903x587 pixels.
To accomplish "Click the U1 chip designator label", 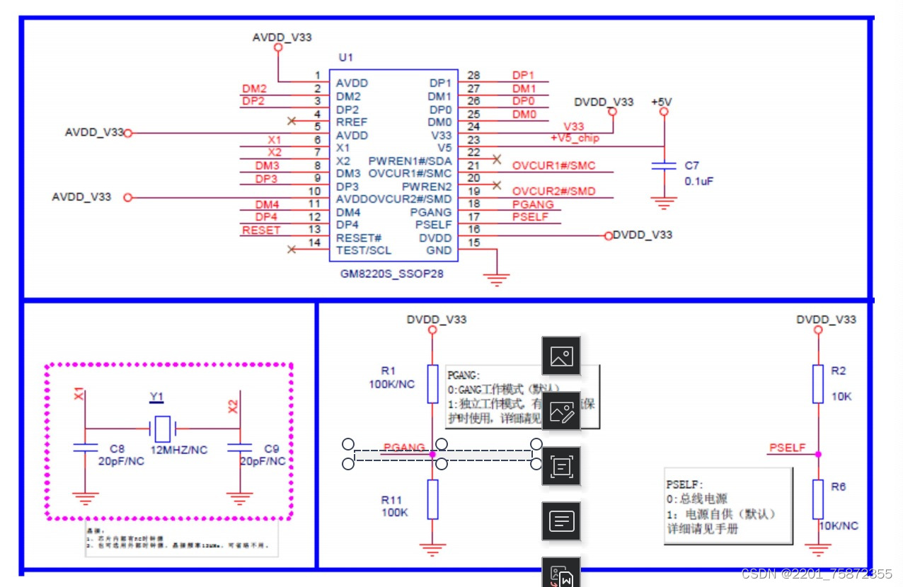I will point(346,57).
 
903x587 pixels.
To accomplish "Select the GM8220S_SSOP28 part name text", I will point(391,273).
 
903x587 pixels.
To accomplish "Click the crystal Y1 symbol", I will point(163,428).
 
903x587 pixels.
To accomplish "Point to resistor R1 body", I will point(432,384).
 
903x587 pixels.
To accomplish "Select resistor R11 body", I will point(432,499).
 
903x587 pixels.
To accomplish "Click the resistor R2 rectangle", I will point(818,384).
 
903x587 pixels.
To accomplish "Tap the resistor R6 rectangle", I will point(818,499).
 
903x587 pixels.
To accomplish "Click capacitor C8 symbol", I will point(86,448).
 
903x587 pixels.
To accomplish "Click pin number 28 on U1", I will point(473,76).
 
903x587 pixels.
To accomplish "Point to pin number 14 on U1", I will point(316,243).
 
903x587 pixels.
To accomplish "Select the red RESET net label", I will point(261,231).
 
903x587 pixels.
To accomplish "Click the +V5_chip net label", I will point(575,138).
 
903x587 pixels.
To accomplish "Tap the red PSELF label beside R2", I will point(787,448).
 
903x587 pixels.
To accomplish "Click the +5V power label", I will point(662,102).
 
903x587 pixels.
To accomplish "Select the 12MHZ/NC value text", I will point(179,450).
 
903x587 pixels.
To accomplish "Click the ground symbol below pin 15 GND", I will point(497,279).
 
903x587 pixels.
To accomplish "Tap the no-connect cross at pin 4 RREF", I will point(291,121).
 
